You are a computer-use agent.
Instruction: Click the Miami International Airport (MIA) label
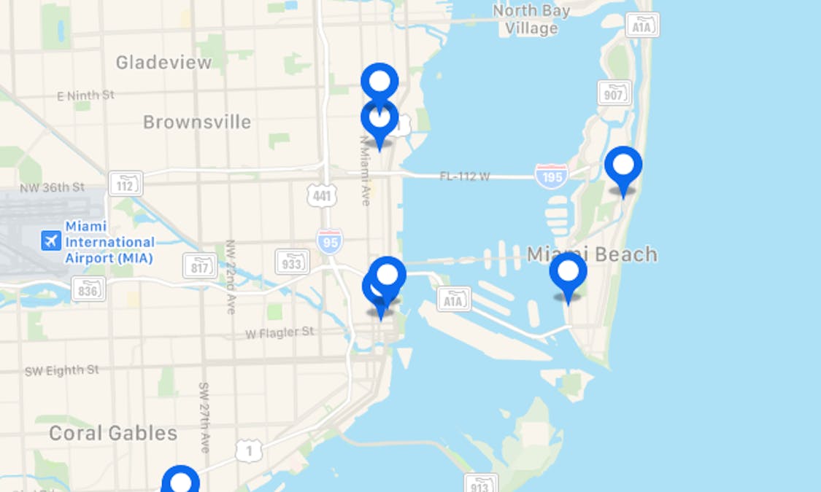point(109,242)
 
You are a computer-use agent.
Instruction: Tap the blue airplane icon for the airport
point(51,240)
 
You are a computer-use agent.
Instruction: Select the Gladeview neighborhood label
point(163,63)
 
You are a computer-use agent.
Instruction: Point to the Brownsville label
point(196,122)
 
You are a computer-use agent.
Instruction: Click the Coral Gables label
point(113,434)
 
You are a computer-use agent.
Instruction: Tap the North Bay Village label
point(531,20)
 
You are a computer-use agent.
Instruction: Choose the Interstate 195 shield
point(551,176)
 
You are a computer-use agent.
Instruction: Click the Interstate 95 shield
point(330,241)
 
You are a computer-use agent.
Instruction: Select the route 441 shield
point(323,195)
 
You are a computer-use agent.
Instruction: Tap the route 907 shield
point(614,93)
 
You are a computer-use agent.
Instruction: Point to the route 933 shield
point(292,262)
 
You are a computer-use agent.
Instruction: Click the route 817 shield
point(200,266)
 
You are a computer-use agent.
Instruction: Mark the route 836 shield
point(88,289)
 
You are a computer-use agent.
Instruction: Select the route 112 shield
point(126,184)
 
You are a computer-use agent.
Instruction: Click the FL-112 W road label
point(464,176)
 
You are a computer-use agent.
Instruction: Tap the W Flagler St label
point(280,332)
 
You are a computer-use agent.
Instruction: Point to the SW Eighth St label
point(61,370)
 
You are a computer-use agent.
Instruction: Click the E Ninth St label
point(85,95)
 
